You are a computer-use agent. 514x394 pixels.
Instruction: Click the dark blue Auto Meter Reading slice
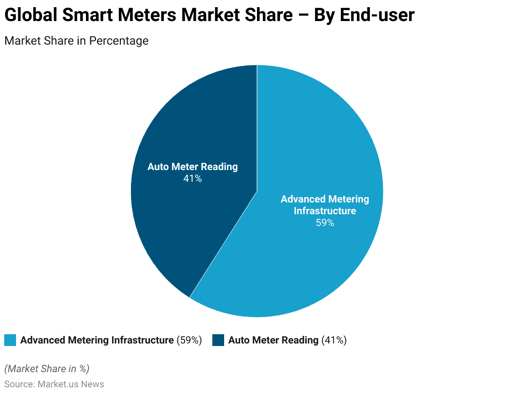coord(181,219)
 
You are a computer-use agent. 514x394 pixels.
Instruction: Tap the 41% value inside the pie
coord(193,179)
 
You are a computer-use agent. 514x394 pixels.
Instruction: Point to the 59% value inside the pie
coord(325,223)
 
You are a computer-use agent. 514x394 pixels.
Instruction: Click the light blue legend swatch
coord(10,340)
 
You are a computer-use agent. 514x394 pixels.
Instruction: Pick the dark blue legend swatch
coord(218,340)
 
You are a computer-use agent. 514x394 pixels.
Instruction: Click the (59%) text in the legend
coord(189,340)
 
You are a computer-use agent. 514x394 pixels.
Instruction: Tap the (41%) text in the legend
coord(334,340)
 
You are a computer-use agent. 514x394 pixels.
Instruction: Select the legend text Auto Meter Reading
coord(273,340)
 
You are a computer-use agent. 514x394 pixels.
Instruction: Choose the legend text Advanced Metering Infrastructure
coord(97,340)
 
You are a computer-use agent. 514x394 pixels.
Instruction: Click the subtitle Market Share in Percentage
coord(76,41)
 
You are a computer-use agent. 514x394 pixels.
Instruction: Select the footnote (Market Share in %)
coord(47,369)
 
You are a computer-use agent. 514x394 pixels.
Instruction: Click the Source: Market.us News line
coord(54,384)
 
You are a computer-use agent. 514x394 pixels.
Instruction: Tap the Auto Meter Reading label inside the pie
coord(193,167)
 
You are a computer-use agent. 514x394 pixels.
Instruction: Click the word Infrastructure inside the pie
coord(325,211)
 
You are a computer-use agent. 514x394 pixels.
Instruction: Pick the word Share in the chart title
coord(269,16)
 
